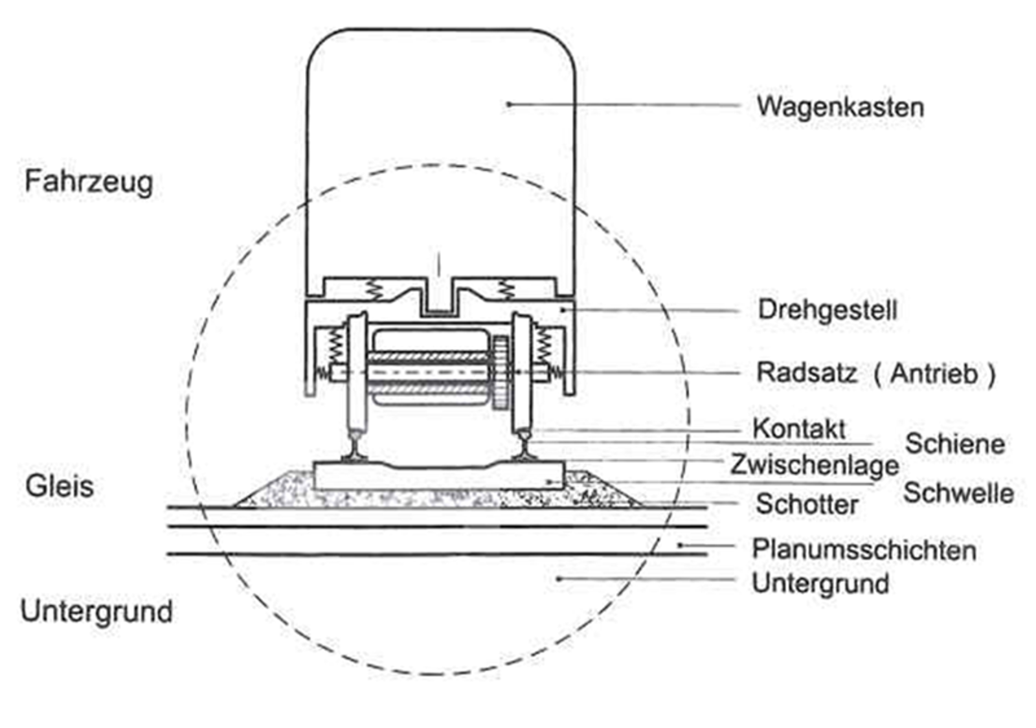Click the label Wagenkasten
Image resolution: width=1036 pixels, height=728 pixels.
pos(840,107)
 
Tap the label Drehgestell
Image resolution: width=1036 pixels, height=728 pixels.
pos(828,310)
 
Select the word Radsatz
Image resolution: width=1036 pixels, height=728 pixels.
pos(807,372)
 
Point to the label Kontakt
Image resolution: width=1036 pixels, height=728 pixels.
pos(799,428)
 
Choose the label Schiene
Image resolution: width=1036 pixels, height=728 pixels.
pos(954,444)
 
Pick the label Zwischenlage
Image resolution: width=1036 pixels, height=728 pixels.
pos(815,464)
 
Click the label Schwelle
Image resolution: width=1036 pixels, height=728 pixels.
pos(958,493)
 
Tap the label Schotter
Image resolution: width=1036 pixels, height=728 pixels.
pos(807,505)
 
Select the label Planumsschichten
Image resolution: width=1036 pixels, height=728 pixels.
pos(864,550)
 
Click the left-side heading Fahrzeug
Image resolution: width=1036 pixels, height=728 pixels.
pos(89,181)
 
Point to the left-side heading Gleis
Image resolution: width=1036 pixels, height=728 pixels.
pos(60,486)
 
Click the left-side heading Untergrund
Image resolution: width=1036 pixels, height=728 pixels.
pos(96,611)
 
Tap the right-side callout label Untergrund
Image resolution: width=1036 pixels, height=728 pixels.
pos(820,584)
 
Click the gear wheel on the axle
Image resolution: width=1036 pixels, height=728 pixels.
pos(500,372)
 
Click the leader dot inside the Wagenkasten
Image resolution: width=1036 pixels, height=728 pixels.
pos(509,104)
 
